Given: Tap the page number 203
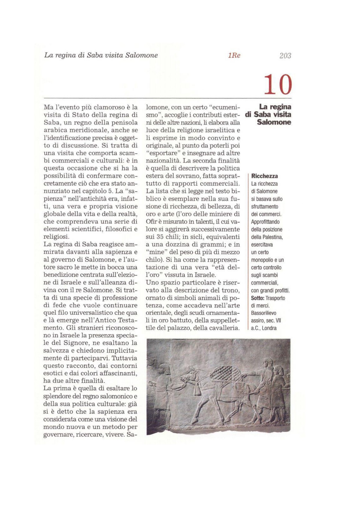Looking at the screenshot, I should click(285, 55).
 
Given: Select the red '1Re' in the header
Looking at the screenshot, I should click(234, 55).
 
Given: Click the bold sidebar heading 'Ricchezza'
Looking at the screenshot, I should click(264, 176).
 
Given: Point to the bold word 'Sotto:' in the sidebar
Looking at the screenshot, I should click(258, 298).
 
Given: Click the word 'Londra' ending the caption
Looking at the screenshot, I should click(269, 328).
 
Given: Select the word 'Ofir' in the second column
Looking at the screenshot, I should click(151, 222).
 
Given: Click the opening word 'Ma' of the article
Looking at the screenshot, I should click(48, 108).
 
